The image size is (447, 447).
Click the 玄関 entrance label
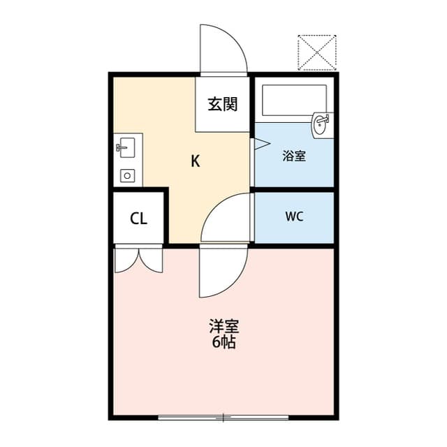(x=222, y=104)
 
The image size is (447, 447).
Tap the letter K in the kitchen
(x=196, y=161)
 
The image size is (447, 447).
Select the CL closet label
(x=138, y=219)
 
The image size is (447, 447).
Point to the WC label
(x=294, y=217)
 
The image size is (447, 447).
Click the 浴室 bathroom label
(x=294, y=156)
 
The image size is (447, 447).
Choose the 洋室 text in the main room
(x=224, y=326)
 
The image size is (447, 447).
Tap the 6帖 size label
(x=223, y=342)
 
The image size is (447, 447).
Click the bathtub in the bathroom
(x=294, y=100)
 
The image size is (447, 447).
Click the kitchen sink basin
(x=127, y=147)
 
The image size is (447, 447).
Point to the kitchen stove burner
(x=127, y=175)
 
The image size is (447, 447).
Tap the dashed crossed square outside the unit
(x=317, y=52)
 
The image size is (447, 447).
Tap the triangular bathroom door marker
(x=262, y=144)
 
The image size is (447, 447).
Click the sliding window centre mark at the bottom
(x=223, y=418)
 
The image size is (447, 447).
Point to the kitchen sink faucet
(x=122, y=147)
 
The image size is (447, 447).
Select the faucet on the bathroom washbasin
(x=324, y=119)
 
